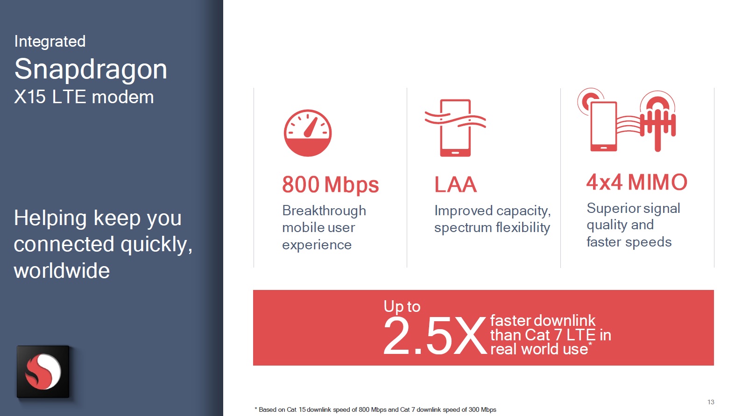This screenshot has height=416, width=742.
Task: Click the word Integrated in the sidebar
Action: coord(50,42)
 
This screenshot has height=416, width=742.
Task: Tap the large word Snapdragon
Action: coord(91,70)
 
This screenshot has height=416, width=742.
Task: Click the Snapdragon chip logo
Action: coord(43,372)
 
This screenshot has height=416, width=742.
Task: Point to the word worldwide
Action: coord(62,271)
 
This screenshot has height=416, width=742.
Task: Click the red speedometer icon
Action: coord(308,133)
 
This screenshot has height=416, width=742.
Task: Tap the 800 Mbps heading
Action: coord(330,184)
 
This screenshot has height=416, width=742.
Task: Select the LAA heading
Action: coord(455,184)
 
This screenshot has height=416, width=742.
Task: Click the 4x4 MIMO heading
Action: coord(636,182)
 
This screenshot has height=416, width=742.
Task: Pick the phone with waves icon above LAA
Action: coord(455,128)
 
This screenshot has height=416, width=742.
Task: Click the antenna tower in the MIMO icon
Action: coord(658,121)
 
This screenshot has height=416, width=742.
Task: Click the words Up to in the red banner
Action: coord(402,306)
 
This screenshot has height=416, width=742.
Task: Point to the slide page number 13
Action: coord(711,402)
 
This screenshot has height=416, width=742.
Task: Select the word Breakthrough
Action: coord(324,211)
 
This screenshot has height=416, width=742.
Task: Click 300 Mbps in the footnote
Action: coord(482,410)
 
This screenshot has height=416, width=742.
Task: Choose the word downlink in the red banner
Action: coord(565,321)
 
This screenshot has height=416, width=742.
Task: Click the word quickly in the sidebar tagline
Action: coord(156,245)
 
